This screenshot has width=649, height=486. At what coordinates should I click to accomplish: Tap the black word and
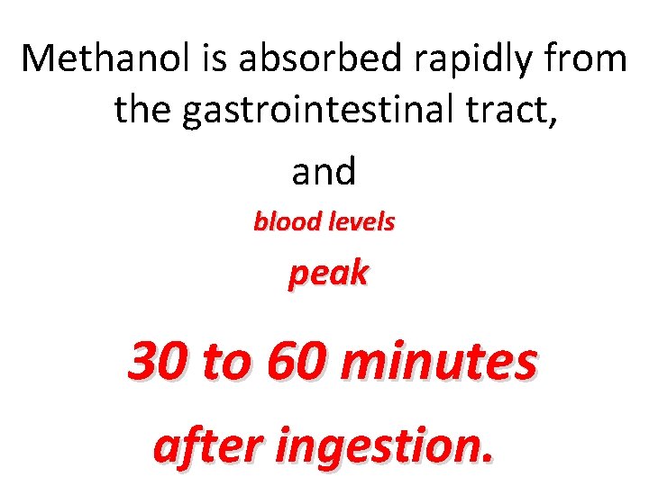click(x=324, y=170)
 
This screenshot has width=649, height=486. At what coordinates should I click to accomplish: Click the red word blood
click(x=281, y=221)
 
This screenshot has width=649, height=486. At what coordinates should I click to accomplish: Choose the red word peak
click(x=328, y=274)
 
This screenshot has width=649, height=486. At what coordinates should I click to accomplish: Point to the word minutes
click(x=439, y=362)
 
